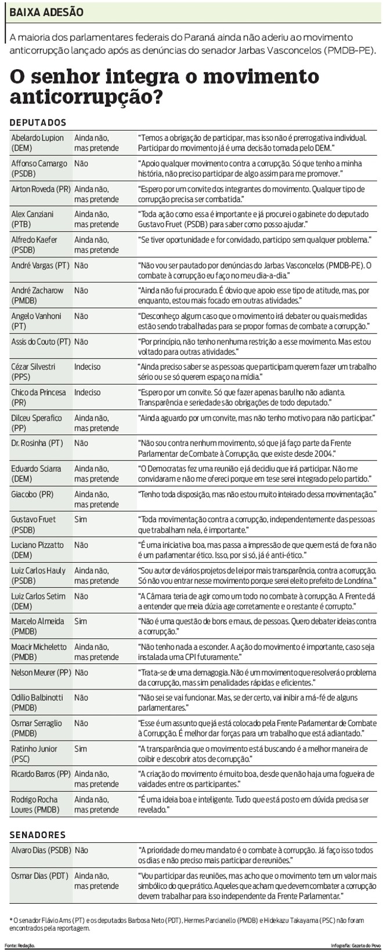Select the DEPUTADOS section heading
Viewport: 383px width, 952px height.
point(38,123)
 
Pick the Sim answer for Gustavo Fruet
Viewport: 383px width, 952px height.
point(81,519)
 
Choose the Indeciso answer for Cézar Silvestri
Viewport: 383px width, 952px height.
point(87,367)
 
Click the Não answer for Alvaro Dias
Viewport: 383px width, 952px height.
point(81,850)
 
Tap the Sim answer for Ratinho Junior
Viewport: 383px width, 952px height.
point(81,749)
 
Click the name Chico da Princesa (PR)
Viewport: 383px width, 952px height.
point(38,397)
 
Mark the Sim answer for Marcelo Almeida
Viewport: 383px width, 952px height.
point(81,621)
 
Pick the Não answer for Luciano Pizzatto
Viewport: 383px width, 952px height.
point(81,545)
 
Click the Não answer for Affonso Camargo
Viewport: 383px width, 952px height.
point(81,164)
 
